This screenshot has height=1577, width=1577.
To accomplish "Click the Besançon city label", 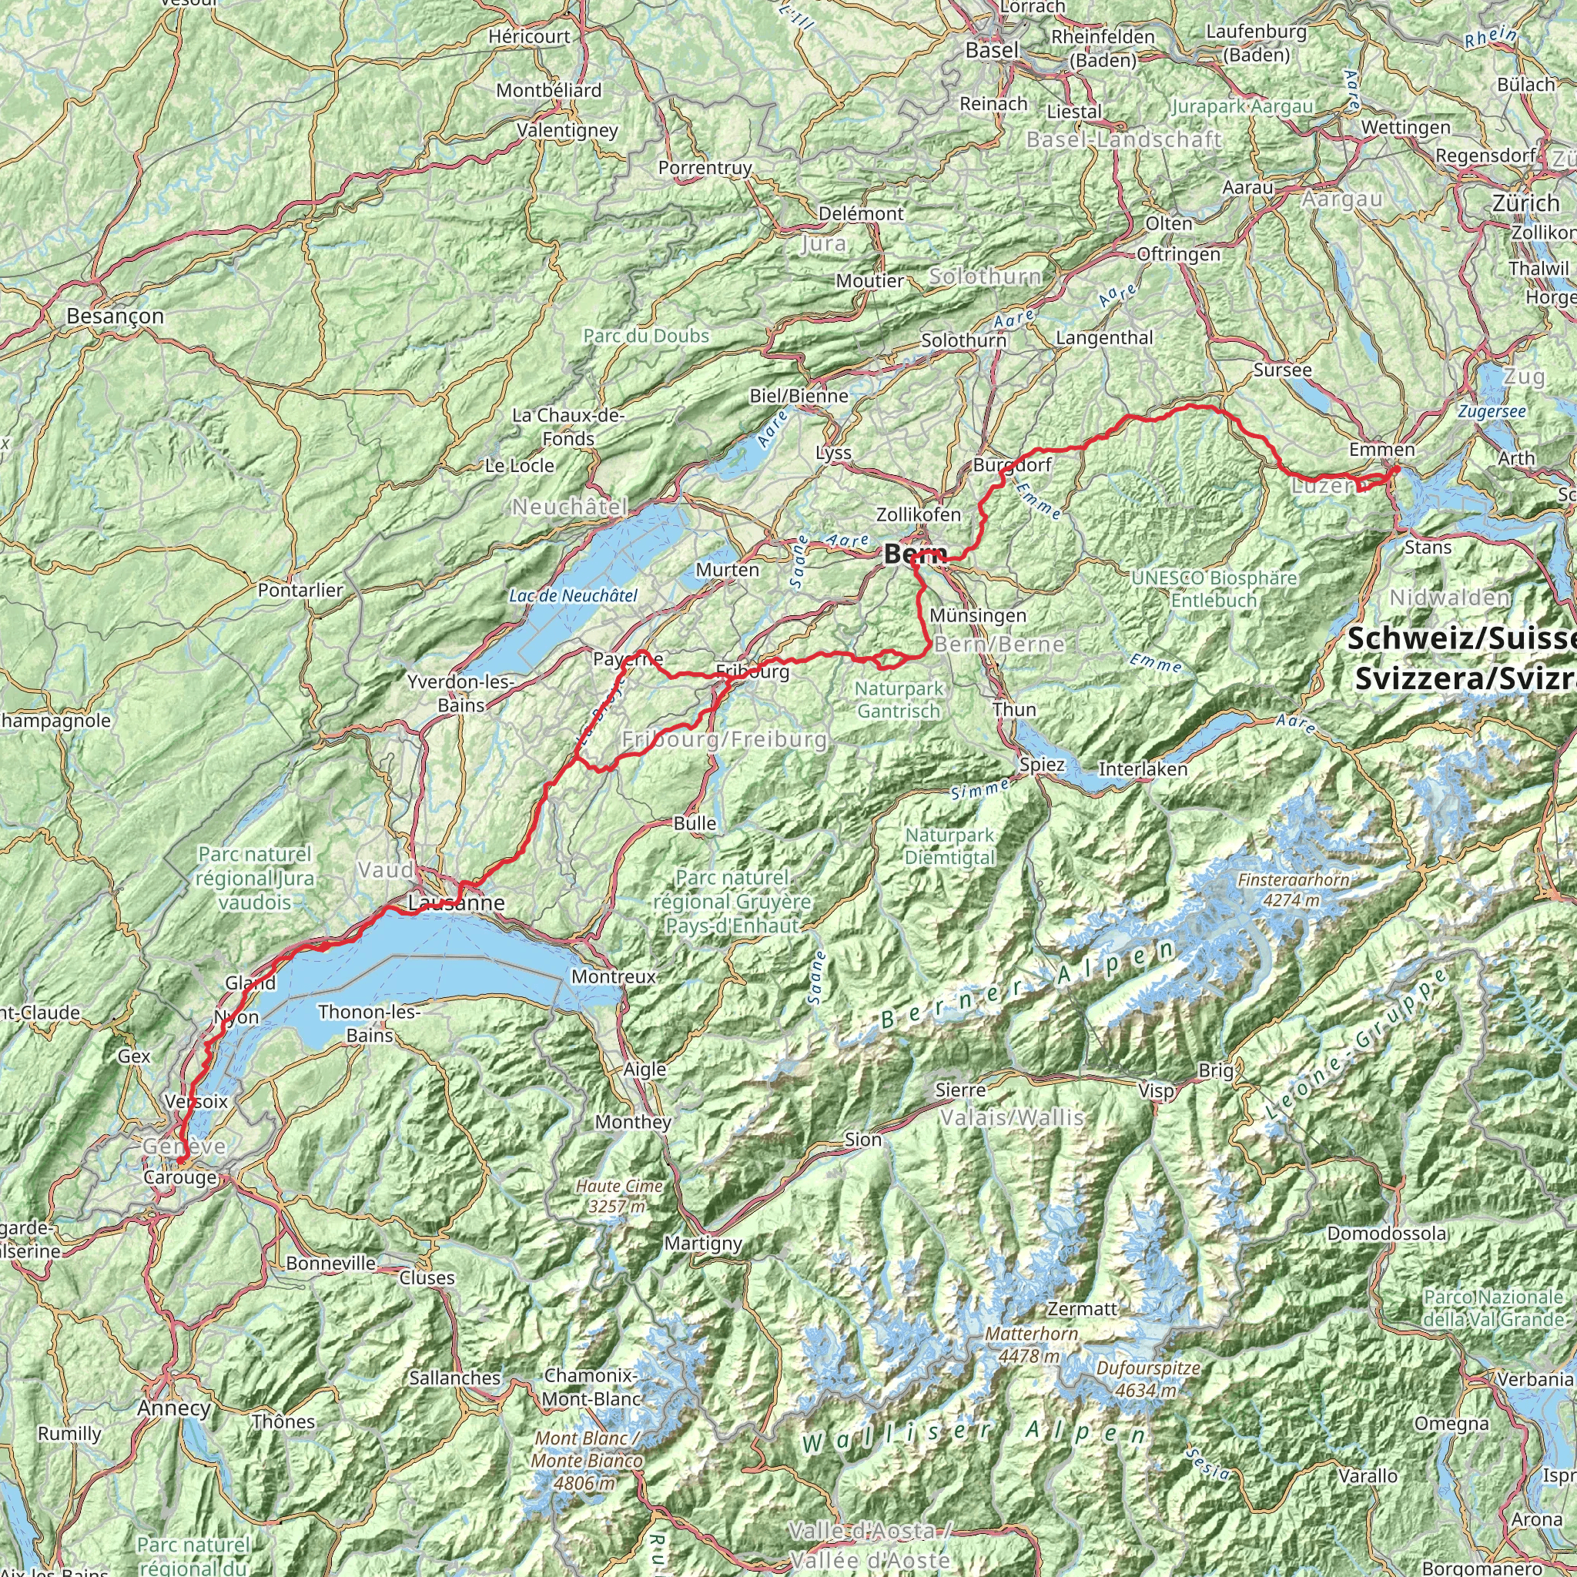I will tap(115, 316).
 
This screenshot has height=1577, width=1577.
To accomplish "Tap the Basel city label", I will tap(993, 51).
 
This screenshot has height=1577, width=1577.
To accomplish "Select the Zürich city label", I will tap(1525, 203).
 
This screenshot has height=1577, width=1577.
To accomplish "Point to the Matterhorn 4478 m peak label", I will tap(1033, 1344).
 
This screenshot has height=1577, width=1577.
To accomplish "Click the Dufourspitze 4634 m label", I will tap(1148, 1378).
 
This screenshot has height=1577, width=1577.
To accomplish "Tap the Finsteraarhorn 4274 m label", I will tap(1293, 889).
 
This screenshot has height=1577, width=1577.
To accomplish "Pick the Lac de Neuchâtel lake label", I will tap(573, 596).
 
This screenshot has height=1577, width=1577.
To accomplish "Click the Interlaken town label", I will tap(1143, 769).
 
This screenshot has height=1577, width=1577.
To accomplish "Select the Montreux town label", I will tap(614, 976).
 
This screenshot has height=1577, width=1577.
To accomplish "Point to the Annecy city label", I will tap(174, 1408).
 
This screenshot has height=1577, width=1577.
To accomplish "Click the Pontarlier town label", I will tap(300, 589).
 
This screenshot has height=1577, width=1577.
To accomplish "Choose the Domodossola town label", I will tap(1386, 1234).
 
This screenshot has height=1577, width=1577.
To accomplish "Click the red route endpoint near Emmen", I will tap(1397, 470).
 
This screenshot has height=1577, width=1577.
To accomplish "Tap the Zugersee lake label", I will tap(1492, 412).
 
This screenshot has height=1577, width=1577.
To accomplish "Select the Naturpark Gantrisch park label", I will tap(899, 699).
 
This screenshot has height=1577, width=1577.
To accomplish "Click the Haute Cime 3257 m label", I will tap(620, 1196).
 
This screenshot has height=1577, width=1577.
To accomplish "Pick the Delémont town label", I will tap(861, 214).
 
